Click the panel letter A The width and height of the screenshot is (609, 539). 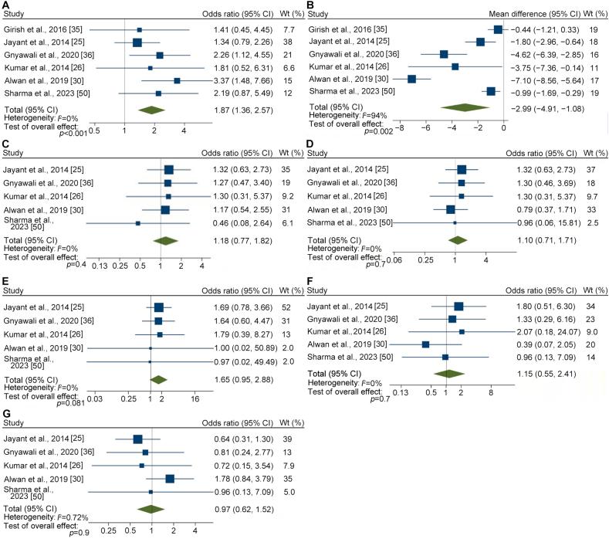[x=6, y=6]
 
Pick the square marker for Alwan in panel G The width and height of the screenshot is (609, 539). [x=170, y=479]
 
